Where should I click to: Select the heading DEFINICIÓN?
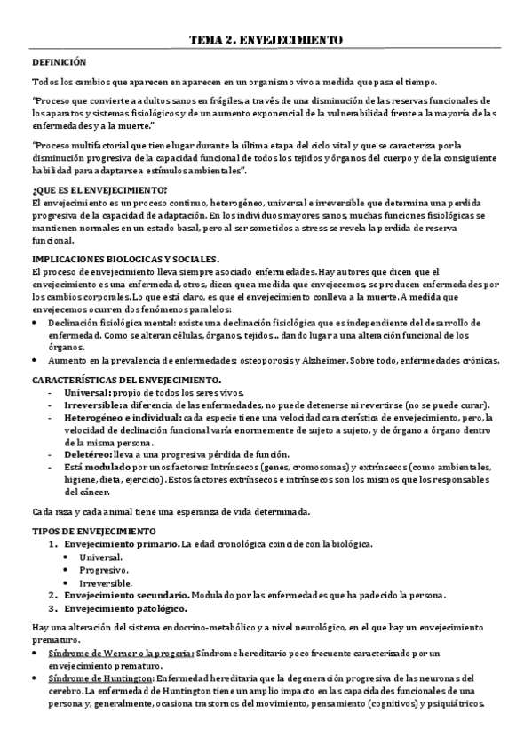tap(60, 62)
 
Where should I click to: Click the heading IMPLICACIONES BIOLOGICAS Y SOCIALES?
tap(125, 258)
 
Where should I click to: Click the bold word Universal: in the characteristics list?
tap(85, 393)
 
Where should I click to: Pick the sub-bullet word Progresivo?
tap(103, 569)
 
